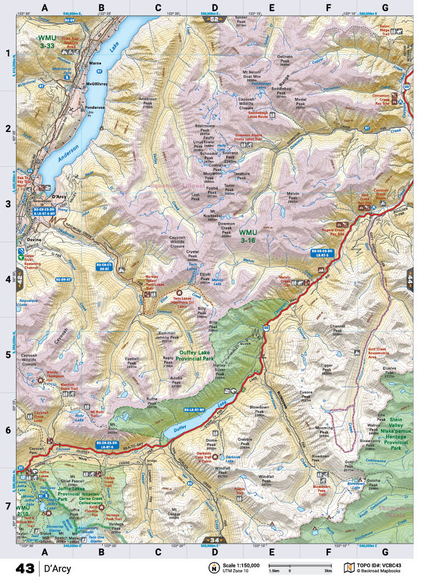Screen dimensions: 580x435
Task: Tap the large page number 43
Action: click(x=25, y=567)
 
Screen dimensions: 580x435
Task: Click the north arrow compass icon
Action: click(x=213, y=567)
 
